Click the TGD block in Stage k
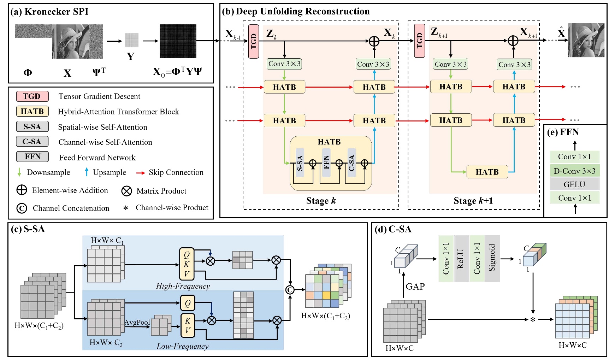tap(253, 41)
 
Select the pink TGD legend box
tap(32, 96)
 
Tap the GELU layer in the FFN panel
tap(574, 184)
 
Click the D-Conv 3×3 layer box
tap(574, 171)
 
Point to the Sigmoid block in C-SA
tap(492, 258)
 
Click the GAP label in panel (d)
tap(415, 286)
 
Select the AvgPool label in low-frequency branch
tap(137, 322)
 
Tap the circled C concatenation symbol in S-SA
tap(290, 290)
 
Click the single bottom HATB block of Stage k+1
tap(487, 172)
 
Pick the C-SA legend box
tap(32, 141)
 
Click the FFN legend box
tap(32, 156)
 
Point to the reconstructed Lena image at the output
tap(586, 40)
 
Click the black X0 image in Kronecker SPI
tap(178, 41)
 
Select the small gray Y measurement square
tap(131, 40)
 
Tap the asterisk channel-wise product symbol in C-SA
tap(533, 320)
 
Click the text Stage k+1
tap(473, 201)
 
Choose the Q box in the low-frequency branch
tap(187, 303)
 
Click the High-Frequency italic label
tap(183, 286)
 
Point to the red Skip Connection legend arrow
tap(141, 173)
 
